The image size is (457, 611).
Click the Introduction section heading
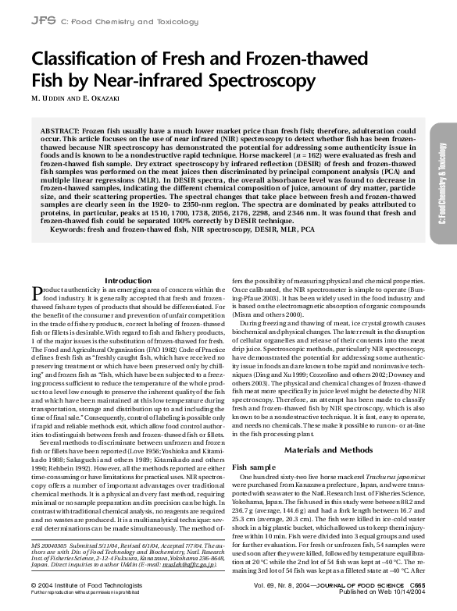(128, 279)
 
